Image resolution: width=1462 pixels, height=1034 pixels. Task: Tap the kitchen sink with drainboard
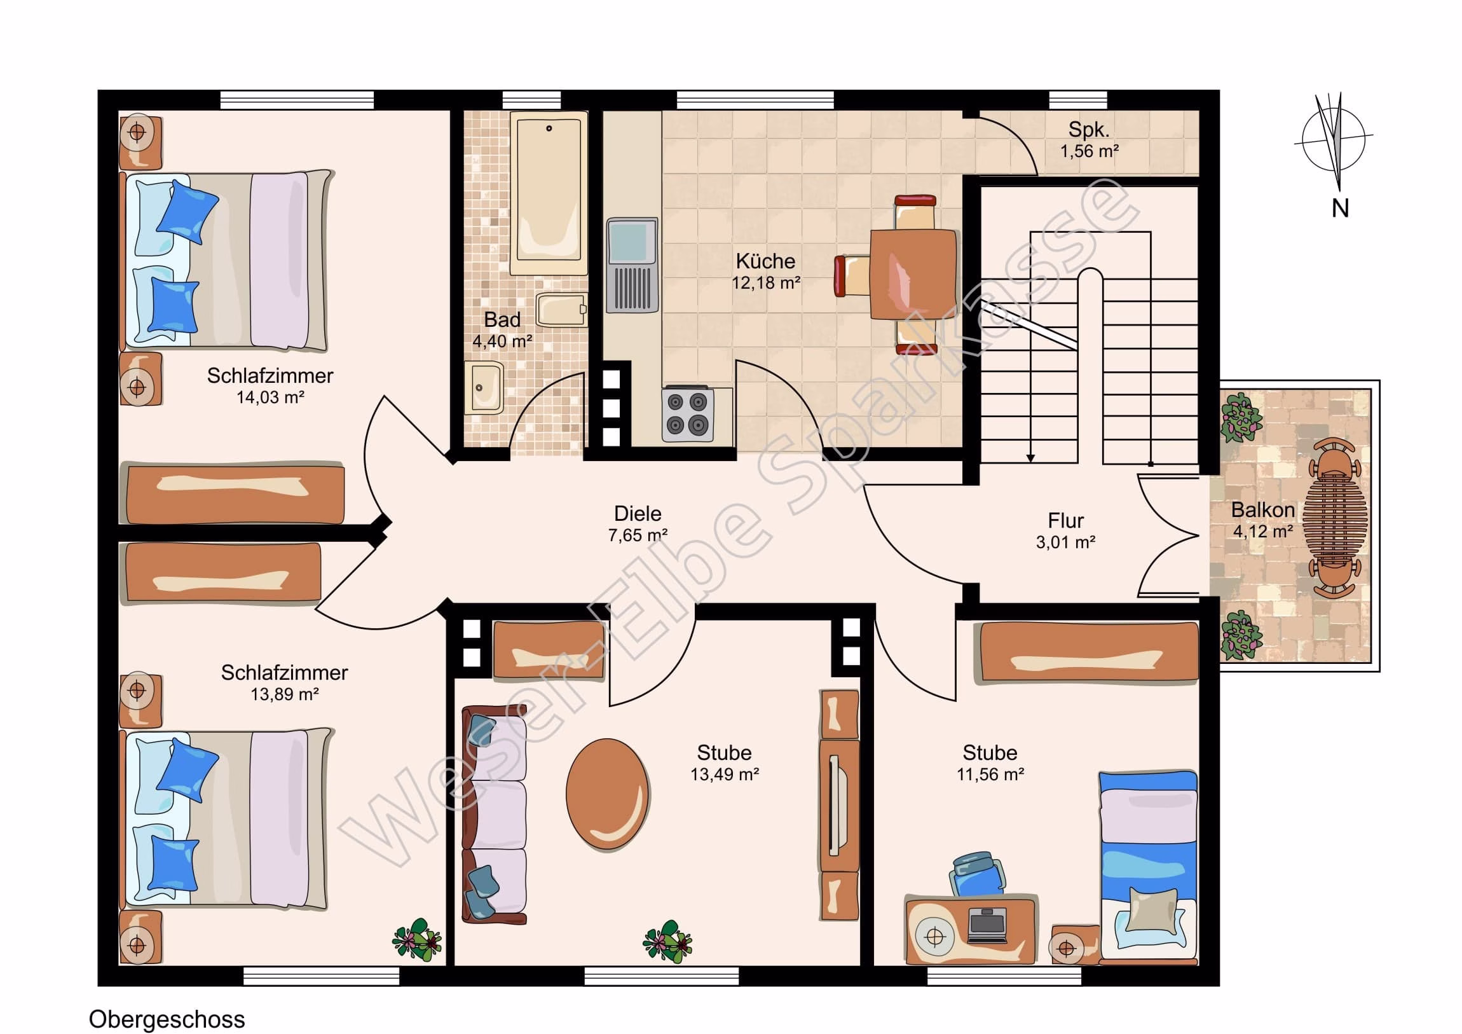[x=632, y=265]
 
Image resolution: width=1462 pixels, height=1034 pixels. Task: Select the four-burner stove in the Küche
[x=688, y=414]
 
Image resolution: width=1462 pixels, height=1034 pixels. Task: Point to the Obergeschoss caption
[x=167, y=1019]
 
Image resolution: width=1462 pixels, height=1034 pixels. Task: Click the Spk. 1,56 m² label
[x=1089, y=140]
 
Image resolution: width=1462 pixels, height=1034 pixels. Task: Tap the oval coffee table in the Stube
[x=608, y=794]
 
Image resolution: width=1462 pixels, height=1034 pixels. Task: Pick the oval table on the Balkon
[x=1335, y=516]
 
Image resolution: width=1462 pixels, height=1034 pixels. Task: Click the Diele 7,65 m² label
[x=638, y=524]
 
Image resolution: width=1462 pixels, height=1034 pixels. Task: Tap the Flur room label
[x=1065, y=521]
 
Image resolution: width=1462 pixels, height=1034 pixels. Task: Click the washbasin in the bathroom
[x=484, y=387]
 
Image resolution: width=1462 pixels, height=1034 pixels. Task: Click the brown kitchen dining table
[x=913, y=274]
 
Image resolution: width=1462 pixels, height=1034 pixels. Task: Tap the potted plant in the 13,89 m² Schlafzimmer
[x=417, y=939]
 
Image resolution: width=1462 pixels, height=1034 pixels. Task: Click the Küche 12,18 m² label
[x=765, y=272]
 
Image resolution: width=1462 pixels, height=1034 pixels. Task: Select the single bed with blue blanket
[x=1148, y=867]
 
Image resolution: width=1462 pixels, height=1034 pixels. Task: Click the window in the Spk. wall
[x=1077, y=100]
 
